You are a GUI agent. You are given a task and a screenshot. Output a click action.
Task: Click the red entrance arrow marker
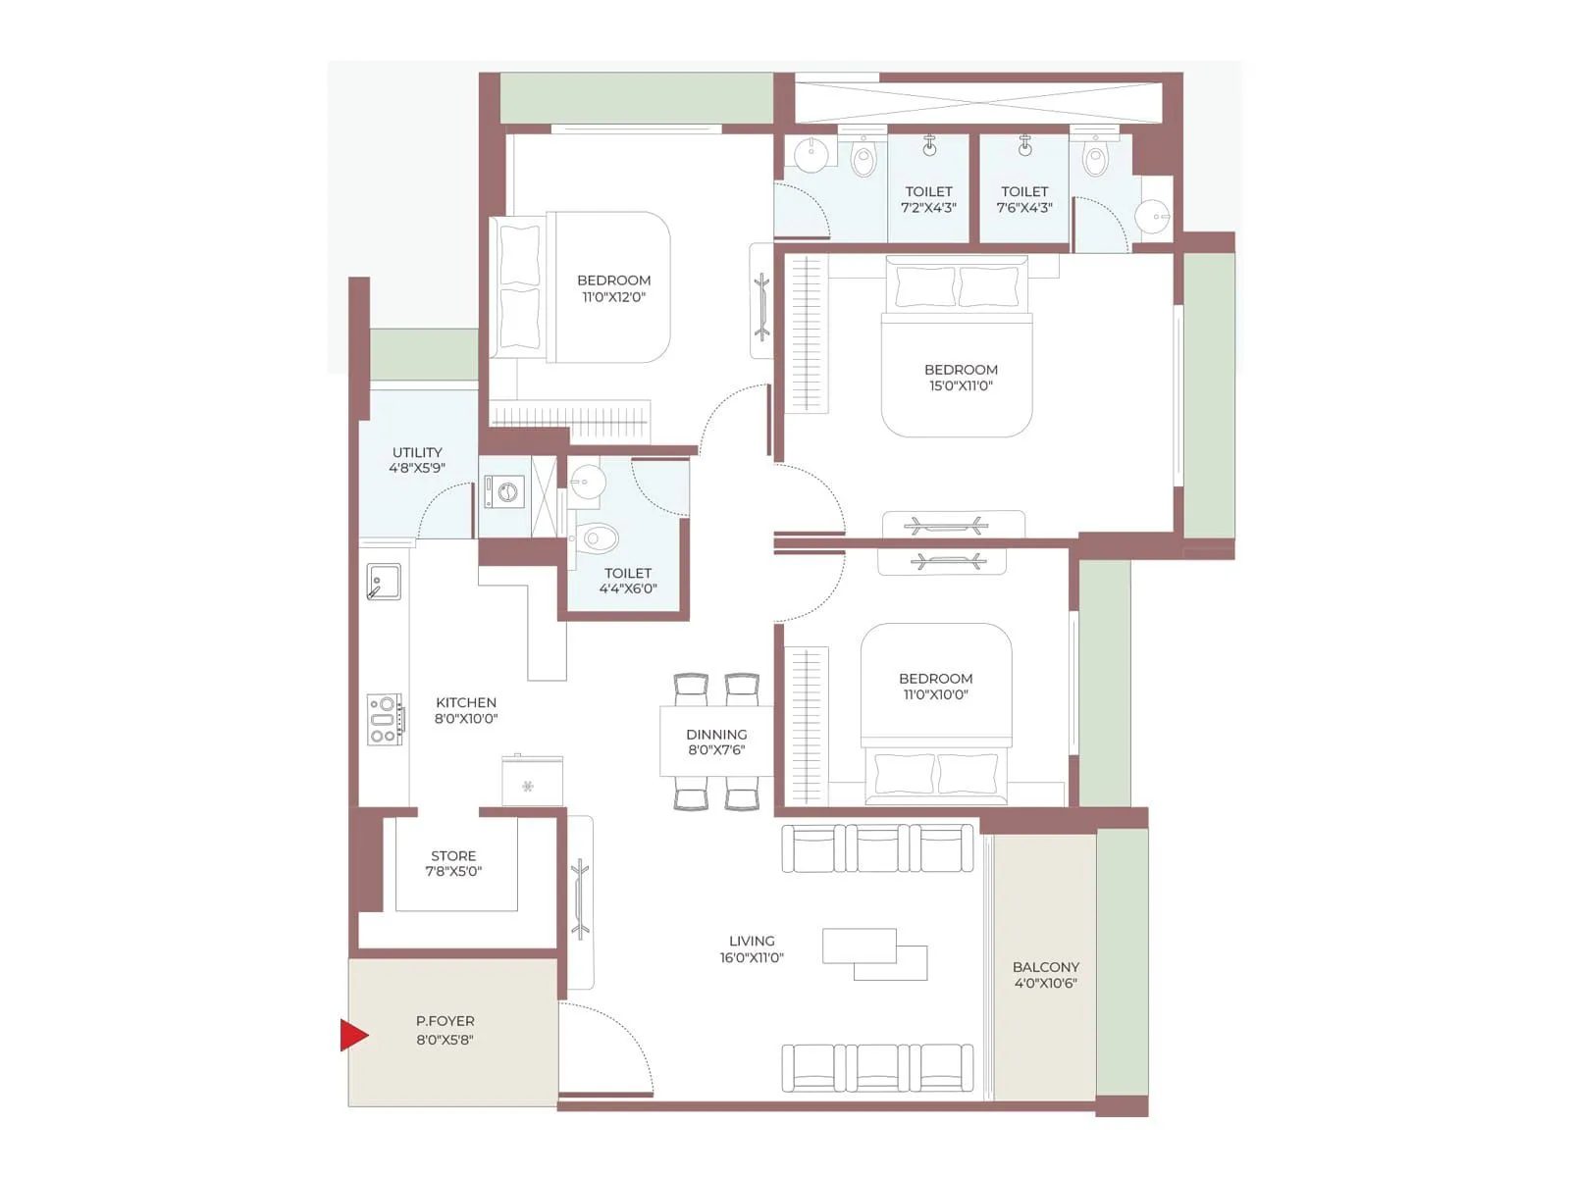[353, 1035]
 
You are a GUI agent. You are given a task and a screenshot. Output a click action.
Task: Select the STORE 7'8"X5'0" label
[453, 863]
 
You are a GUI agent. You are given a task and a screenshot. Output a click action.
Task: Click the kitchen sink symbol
[384, 581]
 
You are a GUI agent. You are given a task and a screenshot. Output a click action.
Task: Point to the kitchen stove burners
[384, 719]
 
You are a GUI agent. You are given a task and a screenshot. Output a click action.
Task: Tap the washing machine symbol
[505, 491]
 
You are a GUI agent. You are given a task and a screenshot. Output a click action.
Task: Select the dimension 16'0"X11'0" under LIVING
[752, 957]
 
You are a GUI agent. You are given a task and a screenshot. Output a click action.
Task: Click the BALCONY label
[1046, 967]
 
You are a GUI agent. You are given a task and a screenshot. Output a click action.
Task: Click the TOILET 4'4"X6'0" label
[628, 581]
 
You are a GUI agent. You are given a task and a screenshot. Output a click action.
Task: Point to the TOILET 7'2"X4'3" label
[928, 199]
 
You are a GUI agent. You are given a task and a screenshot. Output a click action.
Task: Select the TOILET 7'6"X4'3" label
[1024, 199]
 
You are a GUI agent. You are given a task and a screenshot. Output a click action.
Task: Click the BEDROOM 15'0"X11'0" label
[961, 378]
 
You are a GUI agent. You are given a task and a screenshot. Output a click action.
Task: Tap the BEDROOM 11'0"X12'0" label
[613, 288]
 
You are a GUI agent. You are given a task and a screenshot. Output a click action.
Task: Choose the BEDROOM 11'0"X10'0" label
[935, 686]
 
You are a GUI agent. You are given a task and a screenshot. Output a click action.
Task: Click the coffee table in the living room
[874, 954]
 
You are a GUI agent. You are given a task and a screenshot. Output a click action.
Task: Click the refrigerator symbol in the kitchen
[532, 781]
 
